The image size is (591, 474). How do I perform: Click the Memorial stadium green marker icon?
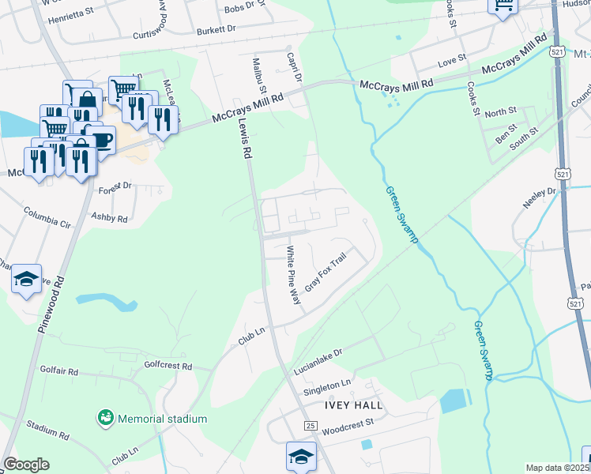click(104, 416)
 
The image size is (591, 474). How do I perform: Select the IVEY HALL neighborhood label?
click(353, 405)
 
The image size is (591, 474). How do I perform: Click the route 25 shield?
click(311, 426)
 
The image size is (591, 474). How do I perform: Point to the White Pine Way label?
click(293, 275)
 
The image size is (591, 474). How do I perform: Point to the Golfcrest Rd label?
click(169, 366)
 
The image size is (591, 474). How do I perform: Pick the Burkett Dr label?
click(216, 28)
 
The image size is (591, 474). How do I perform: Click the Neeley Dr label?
click(540, 198)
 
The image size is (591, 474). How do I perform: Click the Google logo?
click(27, 465)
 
